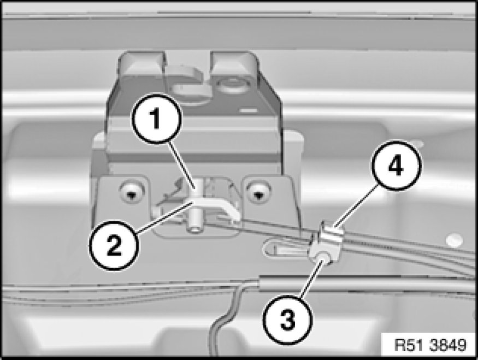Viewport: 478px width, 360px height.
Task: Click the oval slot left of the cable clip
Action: (285, 248)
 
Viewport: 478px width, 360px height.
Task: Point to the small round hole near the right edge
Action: (452, 240)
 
